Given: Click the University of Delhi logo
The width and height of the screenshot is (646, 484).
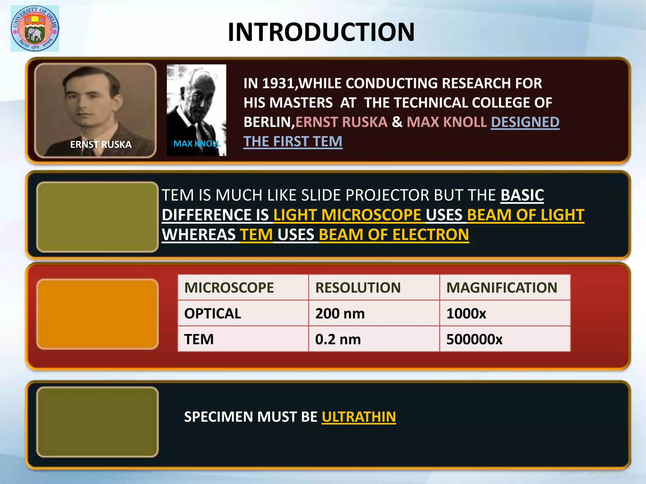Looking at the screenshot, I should [x=35, y=28].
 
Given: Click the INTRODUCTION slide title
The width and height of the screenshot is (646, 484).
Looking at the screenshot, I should [x=321, y=32].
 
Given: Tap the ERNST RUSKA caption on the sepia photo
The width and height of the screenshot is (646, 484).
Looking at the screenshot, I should [x=101, y=144].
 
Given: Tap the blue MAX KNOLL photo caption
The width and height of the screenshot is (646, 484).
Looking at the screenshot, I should [x=197, y=144].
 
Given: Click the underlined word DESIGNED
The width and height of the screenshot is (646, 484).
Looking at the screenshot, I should [x=525, y=122].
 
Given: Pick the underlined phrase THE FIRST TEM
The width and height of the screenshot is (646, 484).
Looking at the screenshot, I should [x=293, y=142].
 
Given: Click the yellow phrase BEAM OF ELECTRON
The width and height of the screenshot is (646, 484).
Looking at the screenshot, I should [x=394, y=235].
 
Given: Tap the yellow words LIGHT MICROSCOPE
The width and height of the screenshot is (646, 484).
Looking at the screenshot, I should [x=347, y=215].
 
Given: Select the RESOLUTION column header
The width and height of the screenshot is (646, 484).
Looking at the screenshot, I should [x=358, y=288].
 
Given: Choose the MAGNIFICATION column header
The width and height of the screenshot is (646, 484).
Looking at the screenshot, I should [x=502, y=288].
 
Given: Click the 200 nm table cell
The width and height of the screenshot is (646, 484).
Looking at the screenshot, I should [x=340, y=314].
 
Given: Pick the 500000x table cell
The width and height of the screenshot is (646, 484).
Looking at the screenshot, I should [x=474, y=339].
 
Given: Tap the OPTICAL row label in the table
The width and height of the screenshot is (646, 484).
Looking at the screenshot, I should [x=213, y=314].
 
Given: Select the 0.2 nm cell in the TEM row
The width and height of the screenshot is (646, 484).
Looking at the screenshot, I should [x=338, y=339].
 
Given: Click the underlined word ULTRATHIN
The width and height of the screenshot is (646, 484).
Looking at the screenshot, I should [x=359, y=417].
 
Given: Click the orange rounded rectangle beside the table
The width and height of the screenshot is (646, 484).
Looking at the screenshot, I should [x=97, y=314].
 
